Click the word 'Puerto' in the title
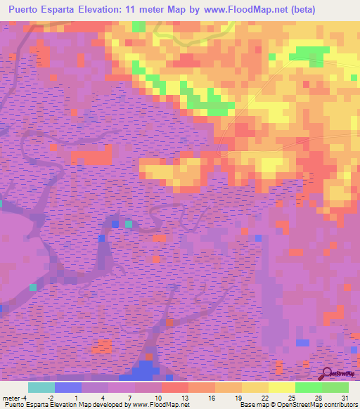(x=28, y=10)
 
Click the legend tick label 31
(x=344, y=397)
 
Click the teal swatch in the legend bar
(x=41, y=387)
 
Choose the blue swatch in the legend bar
(x=68, y=387)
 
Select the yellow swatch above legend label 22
(x=255, y=387)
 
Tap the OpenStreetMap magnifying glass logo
(x=328, y=372)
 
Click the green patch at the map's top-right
(x=311, y=54)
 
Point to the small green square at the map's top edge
(x=139, y=27)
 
